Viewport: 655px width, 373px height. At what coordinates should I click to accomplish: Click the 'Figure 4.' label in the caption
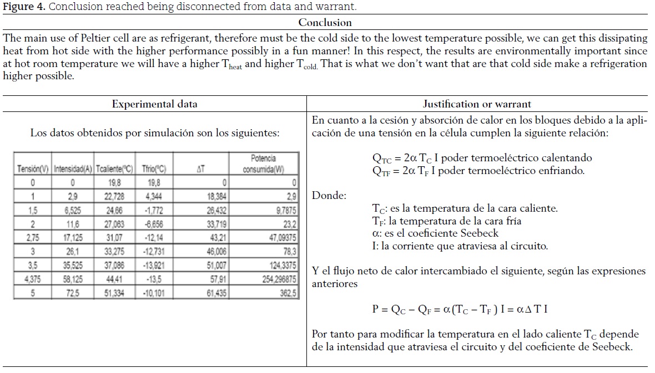(23, 7)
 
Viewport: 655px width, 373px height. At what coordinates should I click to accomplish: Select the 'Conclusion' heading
(325, 23)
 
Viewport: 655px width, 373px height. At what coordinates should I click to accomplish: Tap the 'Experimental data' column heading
(154, 104)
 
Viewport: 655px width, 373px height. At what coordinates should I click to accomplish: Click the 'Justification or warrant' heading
(477, 104)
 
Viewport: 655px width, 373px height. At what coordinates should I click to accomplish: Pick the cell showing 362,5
(288, 294)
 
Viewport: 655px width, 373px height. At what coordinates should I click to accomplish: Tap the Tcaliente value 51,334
(114, 294)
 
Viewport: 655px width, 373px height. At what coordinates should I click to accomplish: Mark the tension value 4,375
(33, 280)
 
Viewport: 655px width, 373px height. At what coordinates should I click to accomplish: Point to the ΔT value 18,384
(216, 197)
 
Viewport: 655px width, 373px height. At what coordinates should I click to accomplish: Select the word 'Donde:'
(329, 196)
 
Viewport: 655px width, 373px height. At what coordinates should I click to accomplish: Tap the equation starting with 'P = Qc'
(460, 309)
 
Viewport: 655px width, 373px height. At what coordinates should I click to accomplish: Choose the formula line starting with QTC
(482, 158)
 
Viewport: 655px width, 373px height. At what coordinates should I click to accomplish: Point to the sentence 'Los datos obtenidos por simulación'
(155, 133)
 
